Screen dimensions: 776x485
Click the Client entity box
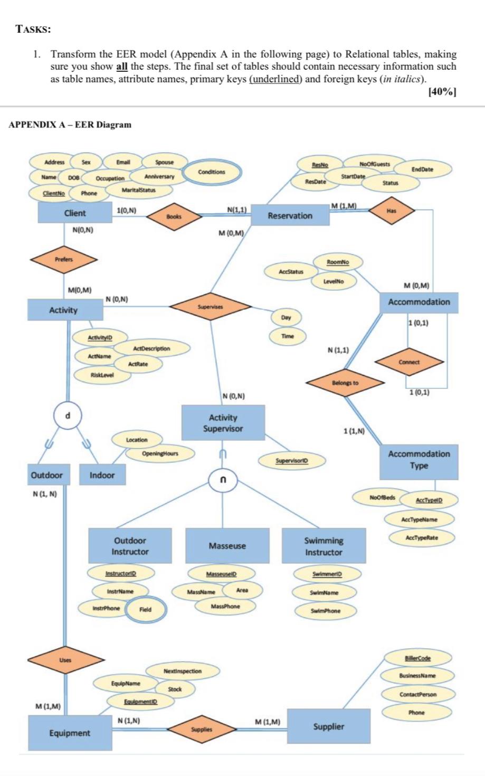pyautogui.click(x=74, y=213)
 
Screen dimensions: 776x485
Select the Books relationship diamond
pyautogui.click(x=174, y=216)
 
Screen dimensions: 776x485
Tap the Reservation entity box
pyautogui.click(x=290, y=215)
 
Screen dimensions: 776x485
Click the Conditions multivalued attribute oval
pyautogui.click(x=211, y=172)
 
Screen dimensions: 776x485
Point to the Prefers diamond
pyautogui.click(x=64, y=259)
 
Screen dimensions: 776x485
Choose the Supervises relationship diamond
pyautogui.click(x=210, y=306)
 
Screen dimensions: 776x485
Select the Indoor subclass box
pyautogui.click(x=102, y=475)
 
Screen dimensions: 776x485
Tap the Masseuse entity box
pyautogui.click(x=227, y=546)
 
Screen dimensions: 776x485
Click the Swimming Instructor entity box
pyautogui.click(x=324, y=546)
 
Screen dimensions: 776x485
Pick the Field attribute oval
pyautogui.click(x=145, y=609)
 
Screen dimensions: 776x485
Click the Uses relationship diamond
pyautogui.click(x=65, y=660)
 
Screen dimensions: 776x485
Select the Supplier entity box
pyautogui.click(x=328, y=726)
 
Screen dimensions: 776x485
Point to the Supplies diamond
pyautogui.click(x=202, y=729)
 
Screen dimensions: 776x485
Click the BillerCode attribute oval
pyautogui.click(x=417, y=658)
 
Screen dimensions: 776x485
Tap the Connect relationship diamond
pyautogui.click(x=409, y=362)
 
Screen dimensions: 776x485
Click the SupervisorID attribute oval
pyautogui.click(x=291, y=461)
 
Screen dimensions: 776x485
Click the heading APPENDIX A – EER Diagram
pyautogui.click(x=71, y=125)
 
